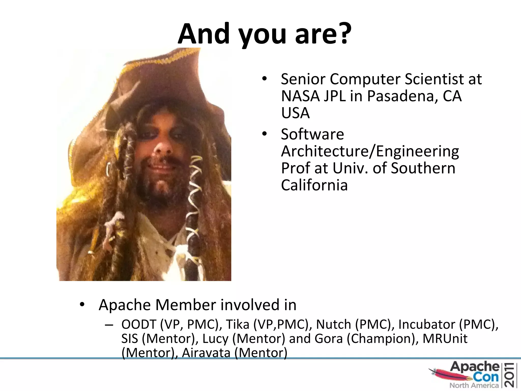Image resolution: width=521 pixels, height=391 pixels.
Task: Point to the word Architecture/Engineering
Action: point(370,151)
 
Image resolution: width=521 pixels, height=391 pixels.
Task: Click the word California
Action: point(314,185)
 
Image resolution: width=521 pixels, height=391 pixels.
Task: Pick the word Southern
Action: point(423,168)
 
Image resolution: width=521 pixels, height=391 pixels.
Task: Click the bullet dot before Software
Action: point(265,134)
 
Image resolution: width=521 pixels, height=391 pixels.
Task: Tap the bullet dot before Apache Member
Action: point(82,304)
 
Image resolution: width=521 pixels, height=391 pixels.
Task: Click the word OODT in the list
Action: point(139,325)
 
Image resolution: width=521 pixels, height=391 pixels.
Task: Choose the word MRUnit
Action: point(445,339)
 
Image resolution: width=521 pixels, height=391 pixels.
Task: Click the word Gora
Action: point(328,339)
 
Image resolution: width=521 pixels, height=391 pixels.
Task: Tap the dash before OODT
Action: point(109,325)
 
